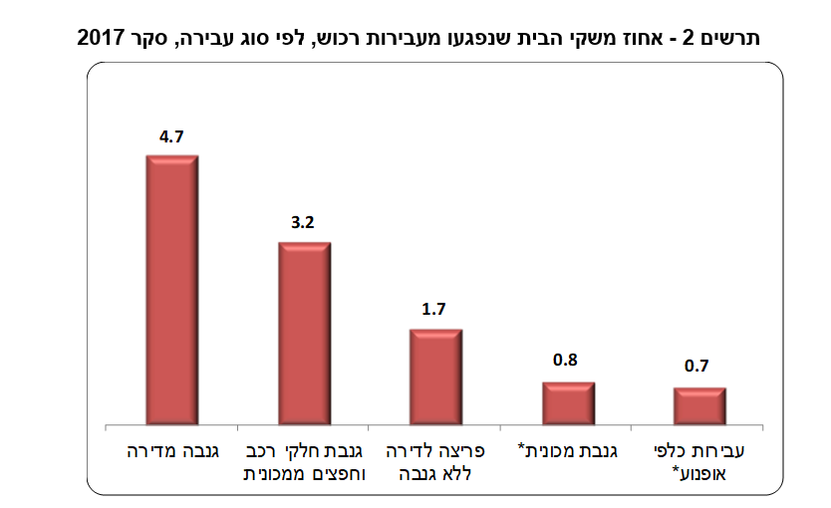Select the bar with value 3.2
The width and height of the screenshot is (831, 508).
point(304,334)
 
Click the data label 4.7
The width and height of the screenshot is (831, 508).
point(171,137)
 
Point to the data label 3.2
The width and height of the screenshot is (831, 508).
point(303,224)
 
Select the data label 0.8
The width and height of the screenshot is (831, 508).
point(566,361)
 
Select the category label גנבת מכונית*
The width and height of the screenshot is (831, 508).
point(569,451)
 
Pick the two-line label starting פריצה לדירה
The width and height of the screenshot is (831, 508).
point(435,462)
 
